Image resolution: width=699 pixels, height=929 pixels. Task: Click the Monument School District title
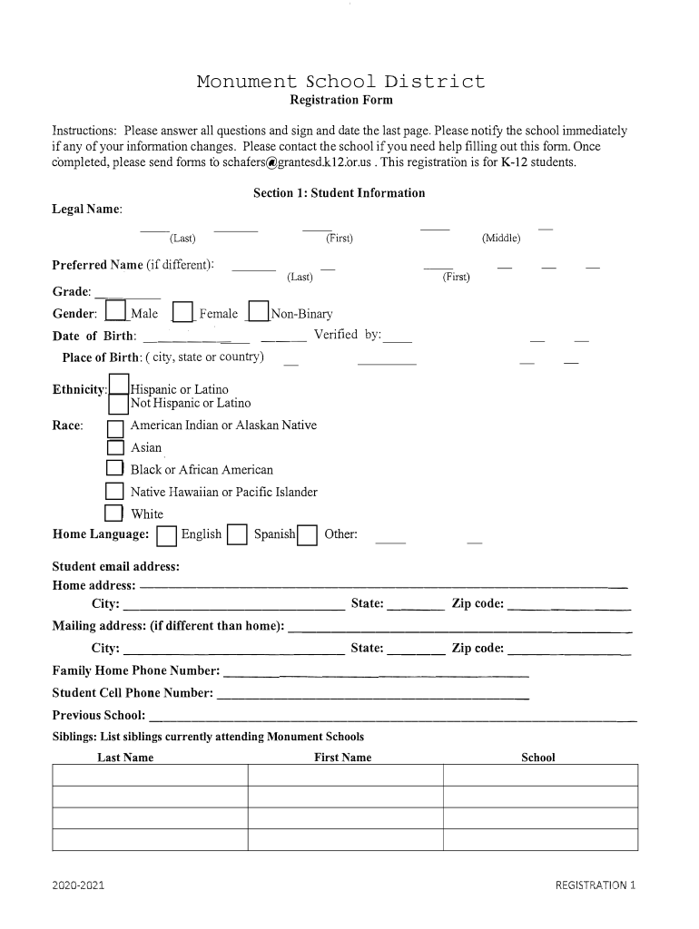pyautogui.click(x=341, y=82)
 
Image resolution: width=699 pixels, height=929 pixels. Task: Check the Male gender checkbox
pyautogui.click(x=115, y=312)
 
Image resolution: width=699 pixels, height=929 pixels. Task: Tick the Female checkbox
pyautogui.click(x=183, y=312)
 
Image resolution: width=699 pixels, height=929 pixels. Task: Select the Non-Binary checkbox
pyautogui.click(x=259, y=312)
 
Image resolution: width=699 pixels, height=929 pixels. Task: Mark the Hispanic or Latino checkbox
pyautogui.click(x=118, y=386)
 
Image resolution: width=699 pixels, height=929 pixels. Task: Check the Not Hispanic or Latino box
pyautogui.click(x=118, y=404)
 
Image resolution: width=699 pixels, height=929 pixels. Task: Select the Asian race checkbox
pyautogui.click(x=115, y=447)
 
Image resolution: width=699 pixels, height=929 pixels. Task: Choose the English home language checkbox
pyautogui.click(x=166, y=536)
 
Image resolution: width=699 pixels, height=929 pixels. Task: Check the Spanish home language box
pyautogui.click(x=237, y=535)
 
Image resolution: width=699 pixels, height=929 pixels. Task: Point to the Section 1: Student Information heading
pyautogui.click(x=339, y=193)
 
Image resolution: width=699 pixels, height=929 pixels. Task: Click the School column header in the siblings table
pyautogui.click(x=538, y=758)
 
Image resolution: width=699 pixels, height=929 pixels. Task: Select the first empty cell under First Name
pyautogui.click(x=345, y=775)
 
